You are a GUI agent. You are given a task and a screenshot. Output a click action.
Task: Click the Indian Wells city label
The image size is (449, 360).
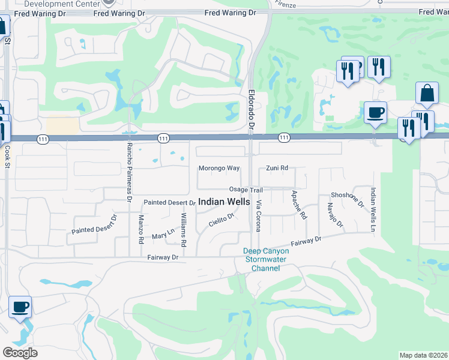(x=224, y=202)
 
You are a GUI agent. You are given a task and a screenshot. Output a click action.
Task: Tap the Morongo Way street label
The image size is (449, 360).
(x=219, y=168)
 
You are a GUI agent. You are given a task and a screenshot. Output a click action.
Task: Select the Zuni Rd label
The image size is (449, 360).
(x=277, y=168)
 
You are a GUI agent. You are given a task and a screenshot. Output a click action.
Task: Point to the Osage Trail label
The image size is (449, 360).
(x=246, y=190)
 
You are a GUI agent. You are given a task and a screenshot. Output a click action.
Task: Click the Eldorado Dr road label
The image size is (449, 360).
(x=252, y=110)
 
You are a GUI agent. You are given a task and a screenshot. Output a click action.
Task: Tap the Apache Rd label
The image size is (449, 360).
(x=298, y=205)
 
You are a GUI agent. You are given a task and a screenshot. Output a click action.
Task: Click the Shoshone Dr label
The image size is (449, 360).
(x=348, y=199)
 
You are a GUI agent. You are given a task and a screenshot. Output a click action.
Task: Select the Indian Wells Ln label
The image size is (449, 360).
(x=373, y=209)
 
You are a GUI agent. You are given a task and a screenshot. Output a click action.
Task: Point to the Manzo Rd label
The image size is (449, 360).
(x=141, y=230)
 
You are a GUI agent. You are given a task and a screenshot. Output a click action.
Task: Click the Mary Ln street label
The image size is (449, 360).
(x=163, y=236)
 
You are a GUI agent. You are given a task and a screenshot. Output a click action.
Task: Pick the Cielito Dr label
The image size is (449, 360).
(x=220, y=221)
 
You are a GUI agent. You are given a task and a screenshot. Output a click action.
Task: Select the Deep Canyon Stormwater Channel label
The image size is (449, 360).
(x=266, y=260)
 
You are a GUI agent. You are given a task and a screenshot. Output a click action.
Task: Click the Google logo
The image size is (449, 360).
(x=20, y=353)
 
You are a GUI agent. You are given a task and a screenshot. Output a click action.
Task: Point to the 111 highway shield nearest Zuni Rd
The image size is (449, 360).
(x=283, y=138)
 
